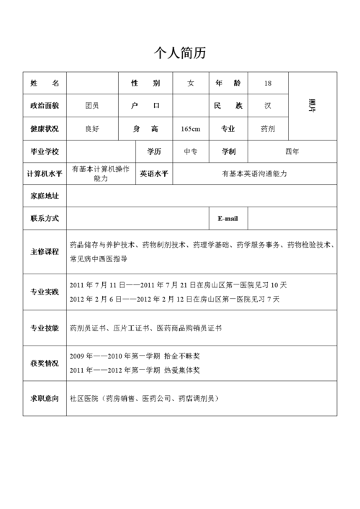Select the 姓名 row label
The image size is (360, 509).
pos(45,83)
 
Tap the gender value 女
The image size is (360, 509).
pos(191,84)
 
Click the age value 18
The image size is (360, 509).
pos(268,84)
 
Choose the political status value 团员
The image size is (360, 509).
pos(92,106)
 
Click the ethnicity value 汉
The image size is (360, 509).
pos(268,106)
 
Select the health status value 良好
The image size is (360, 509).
pos(92,129)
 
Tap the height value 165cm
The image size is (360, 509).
pos(191,129)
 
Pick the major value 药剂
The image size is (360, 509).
pos(268,129)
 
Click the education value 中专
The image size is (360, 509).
pos(191,152)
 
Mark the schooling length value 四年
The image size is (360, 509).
pos(292,152)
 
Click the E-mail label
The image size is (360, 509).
pos(228,218)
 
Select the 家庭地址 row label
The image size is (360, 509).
pos(45,196)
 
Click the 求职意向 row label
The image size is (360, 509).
pos(45,397)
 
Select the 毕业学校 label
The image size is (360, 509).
pos(45,152)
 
